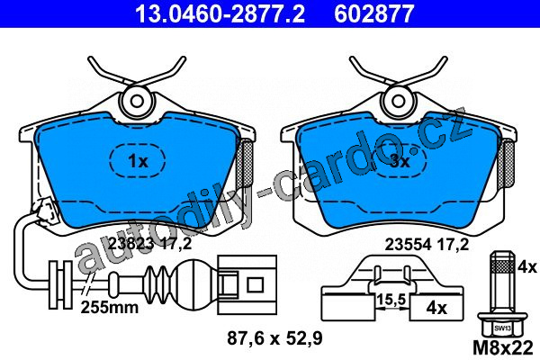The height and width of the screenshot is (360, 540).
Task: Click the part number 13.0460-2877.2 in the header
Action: (x=220, y=13)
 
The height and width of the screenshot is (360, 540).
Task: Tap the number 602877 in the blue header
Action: (x=374, y=13)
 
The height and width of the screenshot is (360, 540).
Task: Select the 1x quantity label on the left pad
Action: (x=138, y=161)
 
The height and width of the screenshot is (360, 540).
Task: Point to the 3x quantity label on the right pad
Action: (x=400, y=161)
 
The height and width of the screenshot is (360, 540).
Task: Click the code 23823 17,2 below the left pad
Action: (x=149, y=244)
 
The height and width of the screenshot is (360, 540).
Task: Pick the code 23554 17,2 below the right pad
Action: (x=427, y=245)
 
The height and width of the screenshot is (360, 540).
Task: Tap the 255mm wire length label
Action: (x=110, y=307)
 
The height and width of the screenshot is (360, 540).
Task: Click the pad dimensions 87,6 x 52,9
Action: (x=274, y=338)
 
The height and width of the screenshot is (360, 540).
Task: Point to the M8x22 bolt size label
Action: (x=503, y=348)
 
